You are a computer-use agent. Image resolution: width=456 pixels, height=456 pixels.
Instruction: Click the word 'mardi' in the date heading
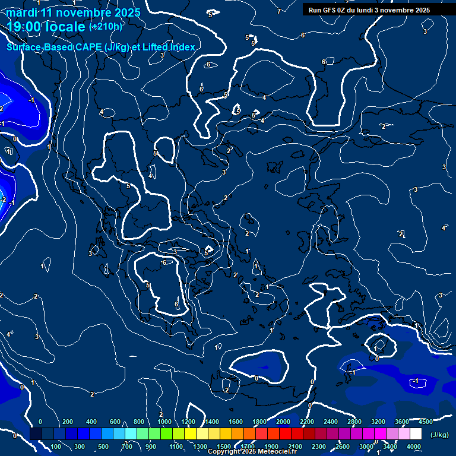pyautogui.click(x=21, y=12)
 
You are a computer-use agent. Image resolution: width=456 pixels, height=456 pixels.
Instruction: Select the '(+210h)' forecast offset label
pyautogui.click(x=106, y=26)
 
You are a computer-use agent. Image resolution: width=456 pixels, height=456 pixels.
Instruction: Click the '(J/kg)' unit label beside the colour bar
pyautogui.click(x=439, y=435)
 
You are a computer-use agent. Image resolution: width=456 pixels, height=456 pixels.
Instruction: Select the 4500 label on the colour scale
pyautogui.click(x=425, y=422)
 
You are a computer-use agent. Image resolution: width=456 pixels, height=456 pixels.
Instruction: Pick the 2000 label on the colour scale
pyautogui.click(x=283, y=422)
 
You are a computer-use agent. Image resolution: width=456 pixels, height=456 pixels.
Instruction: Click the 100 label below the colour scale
pyautogui.click(x=56, y=446)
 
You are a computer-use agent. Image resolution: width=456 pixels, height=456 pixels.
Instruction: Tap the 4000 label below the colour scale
pyautogui.click(x=414, y=446)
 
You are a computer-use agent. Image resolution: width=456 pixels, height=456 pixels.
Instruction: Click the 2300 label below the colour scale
pyautogui.click(x=319, y=446)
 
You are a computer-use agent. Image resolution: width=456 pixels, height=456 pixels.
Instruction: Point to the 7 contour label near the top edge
pyautogui.click(x=279, y=11)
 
